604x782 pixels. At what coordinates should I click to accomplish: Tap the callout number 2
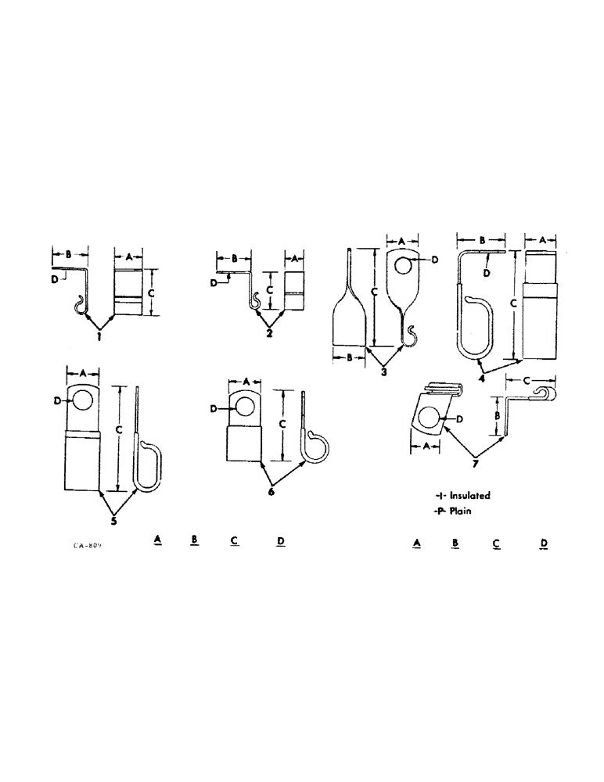268,334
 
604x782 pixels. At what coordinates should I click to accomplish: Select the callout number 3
384,371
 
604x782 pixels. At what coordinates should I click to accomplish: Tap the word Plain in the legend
459,511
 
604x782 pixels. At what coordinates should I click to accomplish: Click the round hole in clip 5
82,402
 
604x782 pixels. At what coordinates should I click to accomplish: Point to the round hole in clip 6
244,407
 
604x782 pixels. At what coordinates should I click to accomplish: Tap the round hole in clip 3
404,266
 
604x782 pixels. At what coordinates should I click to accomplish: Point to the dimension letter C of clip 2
269,289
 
